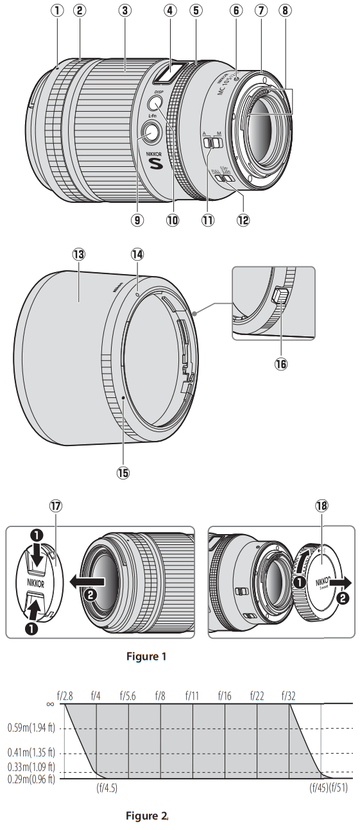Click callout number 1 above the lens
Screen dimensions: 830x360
pos(58,11)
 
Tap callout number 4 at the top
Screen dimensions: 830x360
pos(170,11)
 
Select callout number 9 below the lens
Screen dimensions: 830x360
pos(137,220)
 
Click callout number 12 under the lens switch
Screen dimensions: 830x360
pos(241,220)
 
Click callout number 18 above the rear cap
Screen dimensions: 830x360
pos(321,506)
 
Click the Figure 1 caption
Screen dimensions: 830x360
pos(146,656)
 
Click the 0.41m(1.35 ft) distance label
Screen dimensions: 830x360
pos(32,752)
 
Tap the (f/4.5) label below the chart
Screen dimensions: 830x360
pos(107,788)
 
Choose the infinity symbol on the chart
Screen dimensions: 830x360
pos(50,704)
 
